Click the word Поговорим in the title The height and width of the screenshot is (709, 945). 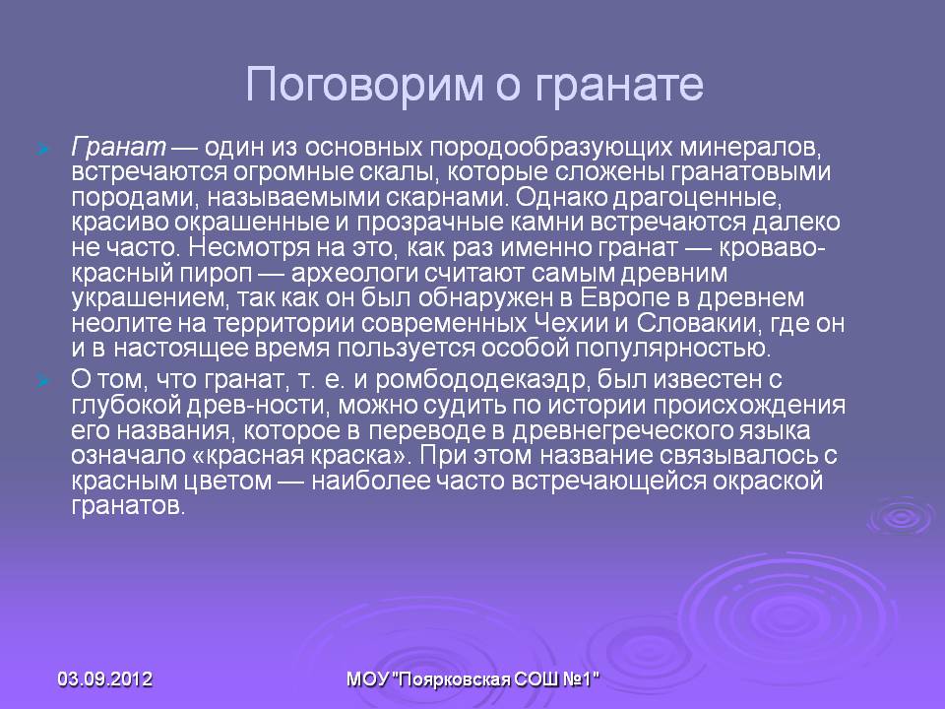(x=364, y=84)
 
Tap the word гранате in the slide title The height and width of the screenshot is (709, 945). (x=619, y=86)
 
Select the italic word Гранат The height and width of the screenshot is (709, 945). (x=118, y=147)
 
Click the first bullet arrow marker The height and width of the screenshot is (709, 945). (x=42, y=149)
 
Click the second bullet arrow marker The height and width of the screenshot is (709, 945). (x=42, y=381)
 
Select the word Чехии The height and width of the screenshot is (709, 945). (x=571, y=324)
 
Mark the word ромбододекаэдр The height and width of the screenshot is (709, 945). (x=481, y=380)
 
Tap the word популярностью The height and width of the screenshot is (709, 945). (x=672, y=349)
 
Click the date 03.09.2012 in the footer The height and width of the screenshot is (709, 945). (x=105, y=679)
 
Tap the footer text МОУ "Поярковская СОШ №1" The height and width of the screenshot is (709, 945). (x=473, y=679)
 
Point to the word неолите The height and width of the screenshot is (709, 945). (x=119, y=324)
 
